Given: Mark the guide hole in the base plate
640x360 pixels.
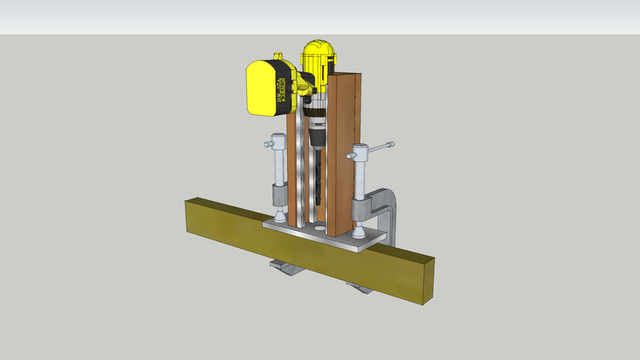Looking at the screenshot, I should point(321,229).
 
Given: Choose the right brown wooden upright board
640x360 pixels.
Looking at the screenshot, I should point(343,155).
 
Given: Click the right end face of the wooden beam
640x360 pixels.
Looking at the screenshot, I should point(427,281).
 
